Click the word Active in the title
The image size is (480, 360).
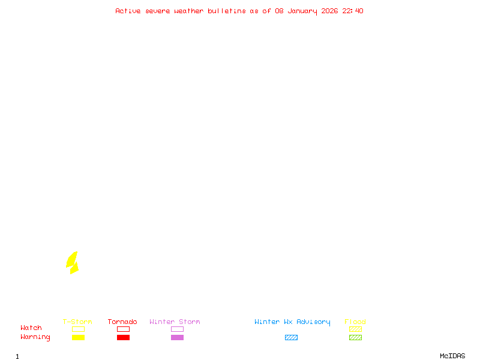tap(128, 11)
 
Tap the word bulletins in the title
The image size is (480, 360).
tap(227, 11)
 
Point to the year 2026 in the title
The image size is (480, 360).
tap(330, 11)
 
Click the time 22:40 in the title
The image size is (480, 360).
tap(353, 11)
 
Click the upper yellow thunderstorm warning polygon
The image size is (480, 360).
tap(72, 259)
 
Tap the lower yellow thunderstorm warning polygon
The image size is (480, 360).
tap(74, 268)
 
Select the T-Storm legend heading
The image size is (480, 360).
tap(77, 322)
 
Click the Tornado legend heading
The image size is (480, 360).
tap(122, 322)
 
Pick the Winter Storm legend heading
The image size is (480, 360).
tap(175, 322)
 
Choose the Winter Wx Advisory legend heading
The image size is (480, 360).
tap(292, 322)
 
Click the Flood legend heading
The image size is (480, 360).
tap(355, 322)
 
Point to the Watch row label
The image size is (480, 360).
tap(31, 328)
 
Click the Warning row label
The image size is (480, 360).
tap(35, 337)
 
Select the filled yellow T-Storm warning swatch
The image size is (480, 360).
tap(78, 337)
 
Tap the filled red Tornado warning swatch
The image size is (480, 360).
tap(123, 337)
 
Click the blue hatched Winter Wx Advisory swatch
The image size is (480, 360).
tap(291, 337)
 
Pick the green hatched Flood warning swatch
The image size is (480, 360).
tap(355, 337)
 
